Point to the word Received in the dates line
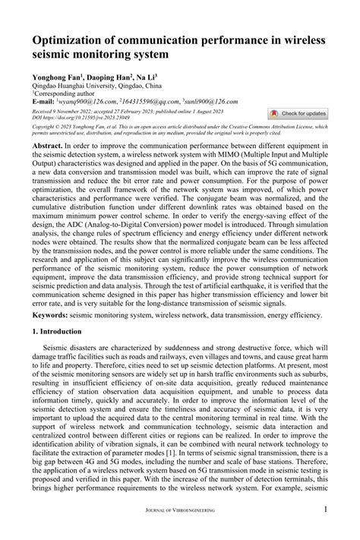45,111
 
